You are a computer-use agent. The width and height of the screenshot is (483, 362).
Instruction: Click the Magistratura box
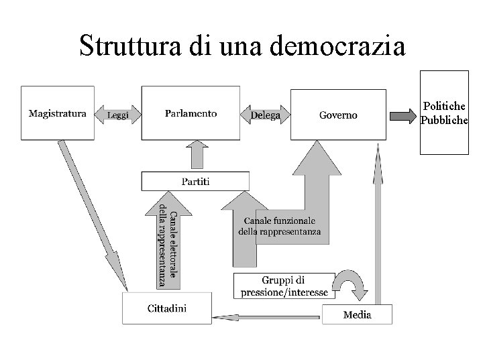click(57, 113)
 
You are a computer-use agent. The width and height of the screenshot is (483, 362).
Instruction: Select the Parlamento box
click(191, 113)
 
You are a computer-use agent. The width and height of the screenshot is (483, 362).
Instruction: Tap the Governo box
click(337, 114)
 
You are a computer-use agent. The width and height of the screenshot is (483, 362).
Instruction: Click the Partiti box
click(195, 181)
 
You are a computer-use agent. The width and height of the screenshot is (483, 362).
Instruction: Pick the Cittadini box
click(166, 309)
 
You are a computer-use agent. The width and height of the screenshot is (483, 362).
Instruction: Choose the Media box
click(357, 314)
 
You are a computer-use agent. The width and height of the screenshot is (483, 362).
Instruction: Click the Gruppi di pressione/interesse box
click(284, 286)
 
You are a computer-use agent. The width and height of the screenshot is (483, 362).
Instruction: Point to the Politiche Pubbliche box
click(444, 113)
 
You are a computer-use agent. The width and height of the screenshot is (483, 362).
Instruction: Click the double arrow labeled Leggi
click(118, 115)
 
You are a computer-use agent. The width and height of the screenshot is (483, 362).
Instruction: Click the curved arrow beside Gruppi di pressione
click(352, 287)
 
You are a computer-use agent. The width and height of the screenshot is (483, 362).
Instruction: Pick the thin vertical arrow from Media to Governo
click(377, 228)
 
